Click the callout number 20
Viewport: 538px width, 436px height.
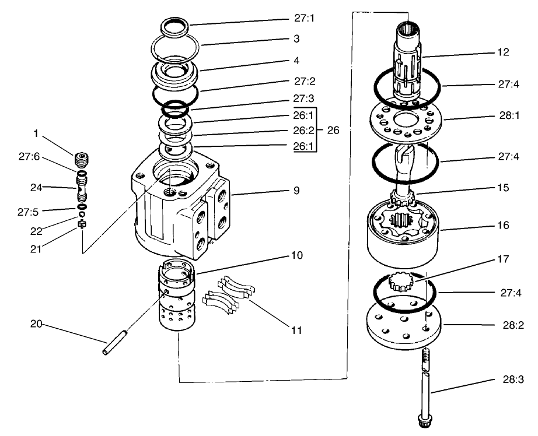36,324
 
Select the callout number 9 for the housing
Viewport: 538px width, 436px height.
296,190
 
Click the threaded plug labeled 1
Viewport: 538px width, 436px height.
82,159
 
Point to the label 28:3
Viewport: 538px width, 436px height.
512,379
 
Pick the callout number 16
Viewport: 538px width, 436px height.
502,224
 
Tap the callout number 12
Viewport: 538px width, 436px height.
502,52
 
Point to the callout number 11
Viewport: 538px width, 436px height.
296,330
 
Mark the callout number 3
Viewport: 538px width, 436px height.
296,38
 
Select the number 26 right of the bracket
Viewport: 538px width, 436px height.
333,131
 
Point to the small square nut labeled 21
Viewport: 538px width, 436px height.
82,224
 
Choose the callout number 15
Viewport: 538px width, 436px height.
502,188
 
